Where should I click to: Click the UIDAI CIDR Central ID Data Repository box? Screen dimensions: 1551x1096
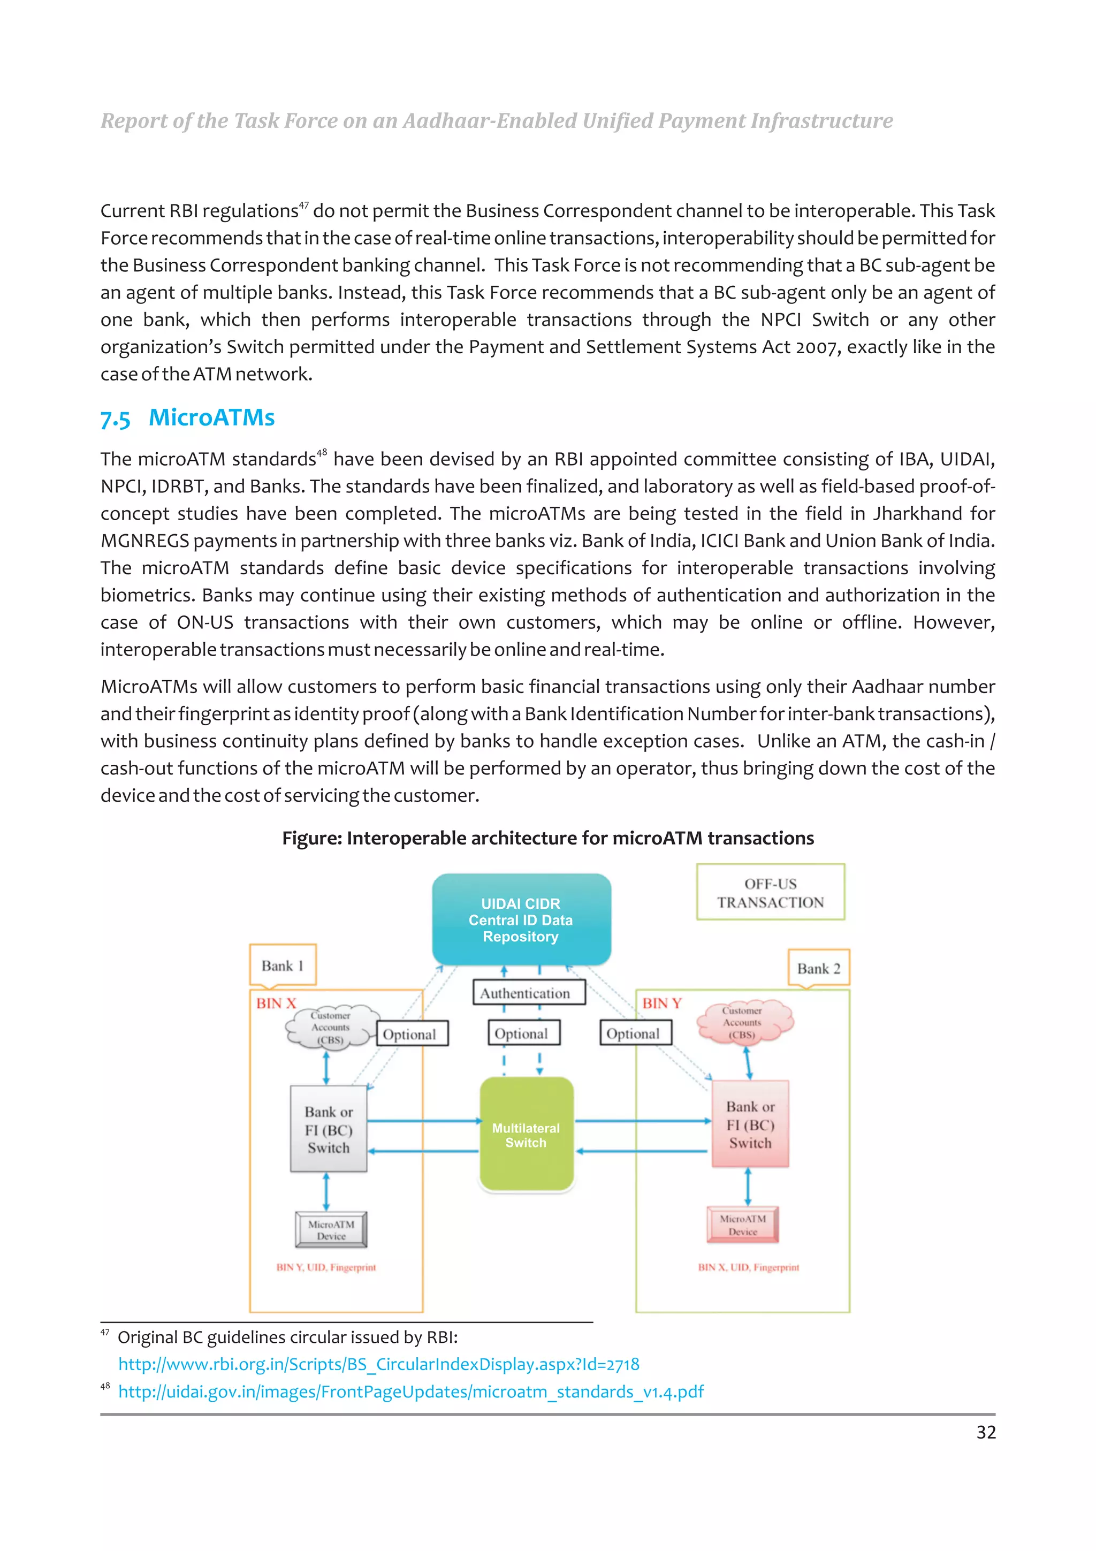coord(521,919)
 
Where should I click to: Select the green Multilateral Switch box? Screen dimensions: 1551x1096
coord(526,1135)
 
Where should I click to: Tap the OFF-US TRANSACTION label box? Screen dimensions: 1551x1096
coord(770,892)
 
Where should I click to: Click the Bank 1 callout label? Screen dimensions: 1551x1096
coord(282,965)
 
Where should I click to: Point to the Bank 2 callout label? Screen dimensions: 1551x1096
coord(818,968)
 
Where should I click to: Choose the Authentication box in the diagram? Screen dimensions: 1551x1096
coord(524,993)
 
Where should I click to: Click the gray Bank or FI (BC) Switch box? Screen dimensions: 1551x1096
coord(329,1129)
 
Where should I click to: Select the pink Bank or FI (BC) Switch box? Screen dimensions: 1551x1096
coord(750,1124)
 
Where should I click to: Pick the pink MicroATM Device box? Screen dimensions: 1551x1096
coord(742,1225)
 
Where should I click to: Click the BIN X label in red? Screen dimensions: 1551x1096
coord(276,1003)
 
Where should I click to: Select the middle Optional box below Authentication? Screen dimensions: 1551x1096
coord(521,1033)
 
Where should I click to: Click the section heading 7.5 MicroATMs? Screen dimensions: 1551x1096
coord(188,417)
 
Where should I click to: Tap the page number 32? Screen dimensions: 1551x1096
coord(985,1432)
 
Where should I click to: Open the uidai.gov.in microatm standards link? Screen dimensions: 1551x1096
coord(410,1392)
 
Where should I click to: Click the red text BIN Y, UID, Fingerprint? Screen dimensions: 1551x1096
coord(325,1267)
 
